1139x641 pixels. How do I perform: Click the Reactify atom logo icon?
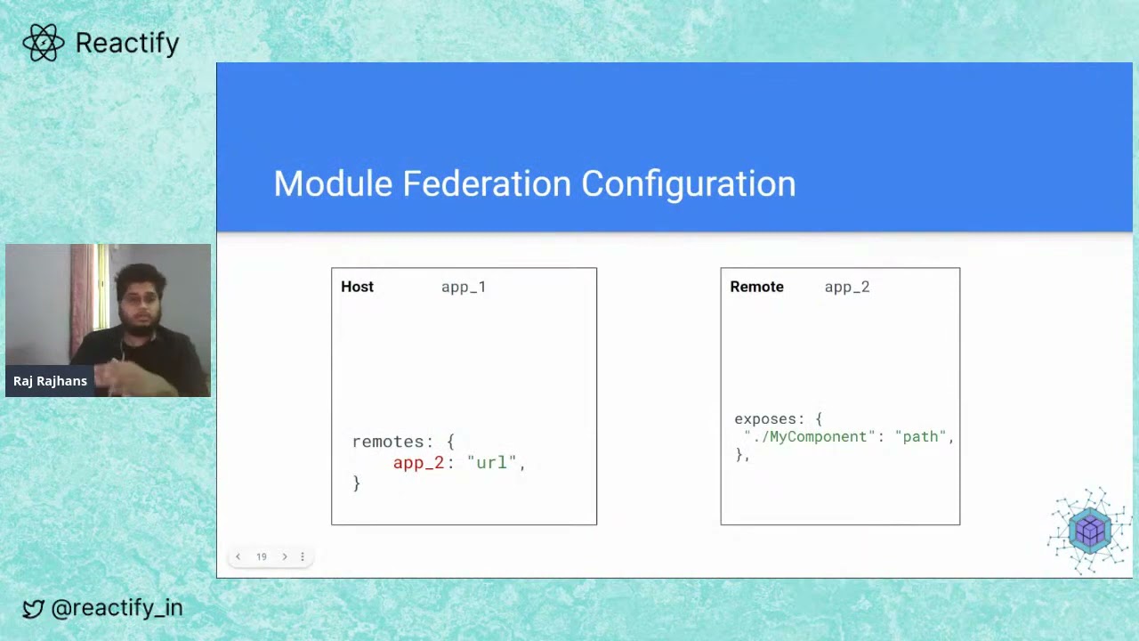tap(44, 43)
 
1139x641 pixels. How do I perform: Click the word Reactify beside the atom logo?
tap(127, 43)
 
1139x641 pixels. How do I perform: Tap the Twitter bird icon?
tap(33, 609)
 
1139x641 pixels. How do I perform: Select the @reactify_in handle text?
tap(117, 608)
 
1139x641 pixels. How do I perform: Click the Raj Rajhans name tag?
tap(50, 381)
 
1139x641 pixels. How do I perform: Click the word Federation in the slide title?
tap(487, 183)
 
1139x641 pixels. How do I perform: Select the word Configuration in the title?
tap(689, 183)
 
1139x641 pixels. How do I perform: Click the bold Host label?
tap(357, 287)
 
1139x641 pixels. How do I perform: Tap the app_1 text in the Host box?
tap(464, 287)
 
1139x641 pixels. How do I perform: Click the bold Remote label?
tap(756, 287)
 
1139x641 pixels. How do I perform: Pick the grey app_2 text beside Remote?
tap(847, 287)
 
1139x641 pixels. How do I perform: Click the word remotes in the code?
tap(387, 442)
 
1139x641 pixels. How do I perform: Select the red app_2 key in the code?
tap(418, 463)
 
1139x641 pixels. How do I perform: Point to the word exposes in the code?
tap(765, 418)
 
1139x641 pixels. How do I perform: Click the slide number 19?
tap(262, 556)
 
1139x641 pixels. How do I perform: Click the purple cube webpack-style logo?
tap(1090, 531)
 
